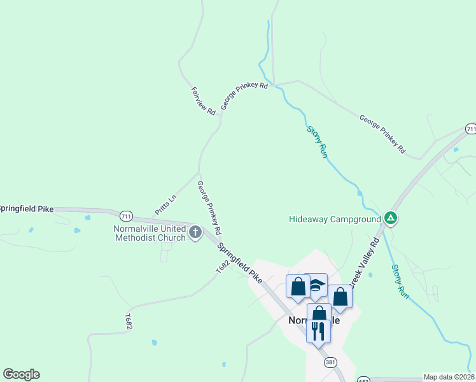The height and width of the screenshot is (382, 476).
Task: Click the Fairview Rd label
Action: click(203, 101)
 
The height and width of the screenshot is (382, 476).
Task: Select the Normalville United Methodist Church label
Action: click(150, 234)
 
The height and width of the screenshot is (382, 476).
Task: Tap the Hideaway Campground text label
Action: click(335, 219)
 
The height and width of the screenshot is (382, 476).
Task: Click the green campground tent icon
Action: click(391, 219)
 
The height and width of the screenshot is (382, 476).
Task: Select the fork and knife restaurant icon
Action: click(318, 330)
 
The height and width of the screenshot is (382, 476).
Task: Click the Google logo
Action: click(21, 374)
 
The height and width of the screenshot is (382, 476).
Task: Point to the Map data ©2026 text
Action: click(449, 377)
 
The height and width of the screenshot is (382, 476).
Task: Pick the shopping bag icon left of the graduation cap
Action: click(297, 286)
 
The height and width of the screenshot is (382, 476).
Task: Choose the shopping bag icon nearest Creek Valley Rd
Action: click(340, 297)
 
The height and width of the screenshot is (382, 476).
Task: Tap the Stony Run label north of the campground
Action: click(318, 141)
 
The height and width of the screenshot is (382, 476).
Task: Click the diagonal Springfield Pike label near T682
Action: click(239, 262)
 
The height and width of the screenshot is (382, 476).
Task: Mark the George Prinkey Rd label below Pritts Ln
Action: click(209, 207)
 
